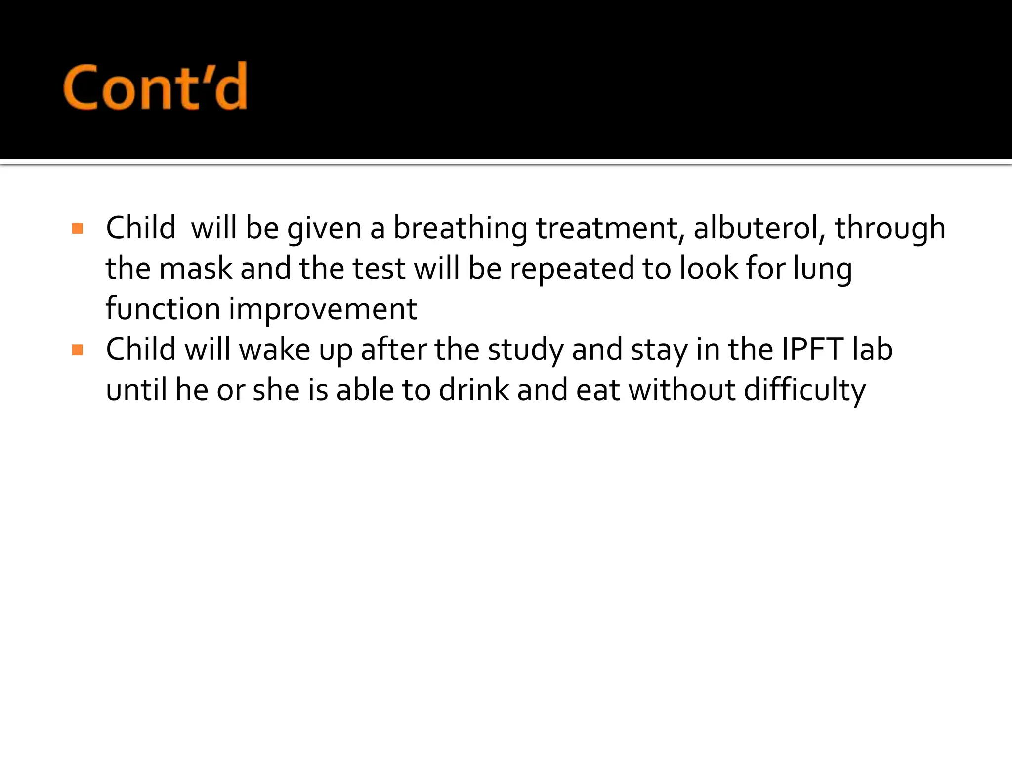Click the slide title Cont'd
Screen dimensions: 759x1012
pyautogui.click(x=155, y=87)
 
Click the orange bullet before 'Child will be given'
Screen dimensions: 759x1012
pyautogui.click(x=78, y=229)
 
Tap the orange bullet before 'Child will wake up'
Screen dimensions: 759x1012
pyautogui.click(x=78, y=350)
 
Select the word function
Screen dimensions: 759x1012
pyautogui.click(x=163, y=309)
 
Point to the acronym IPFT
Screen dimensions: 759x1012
pyautogui.click(x=812, y=350)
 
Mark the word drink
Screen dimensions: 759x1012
pyautogui.click(x=474, y=390)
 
